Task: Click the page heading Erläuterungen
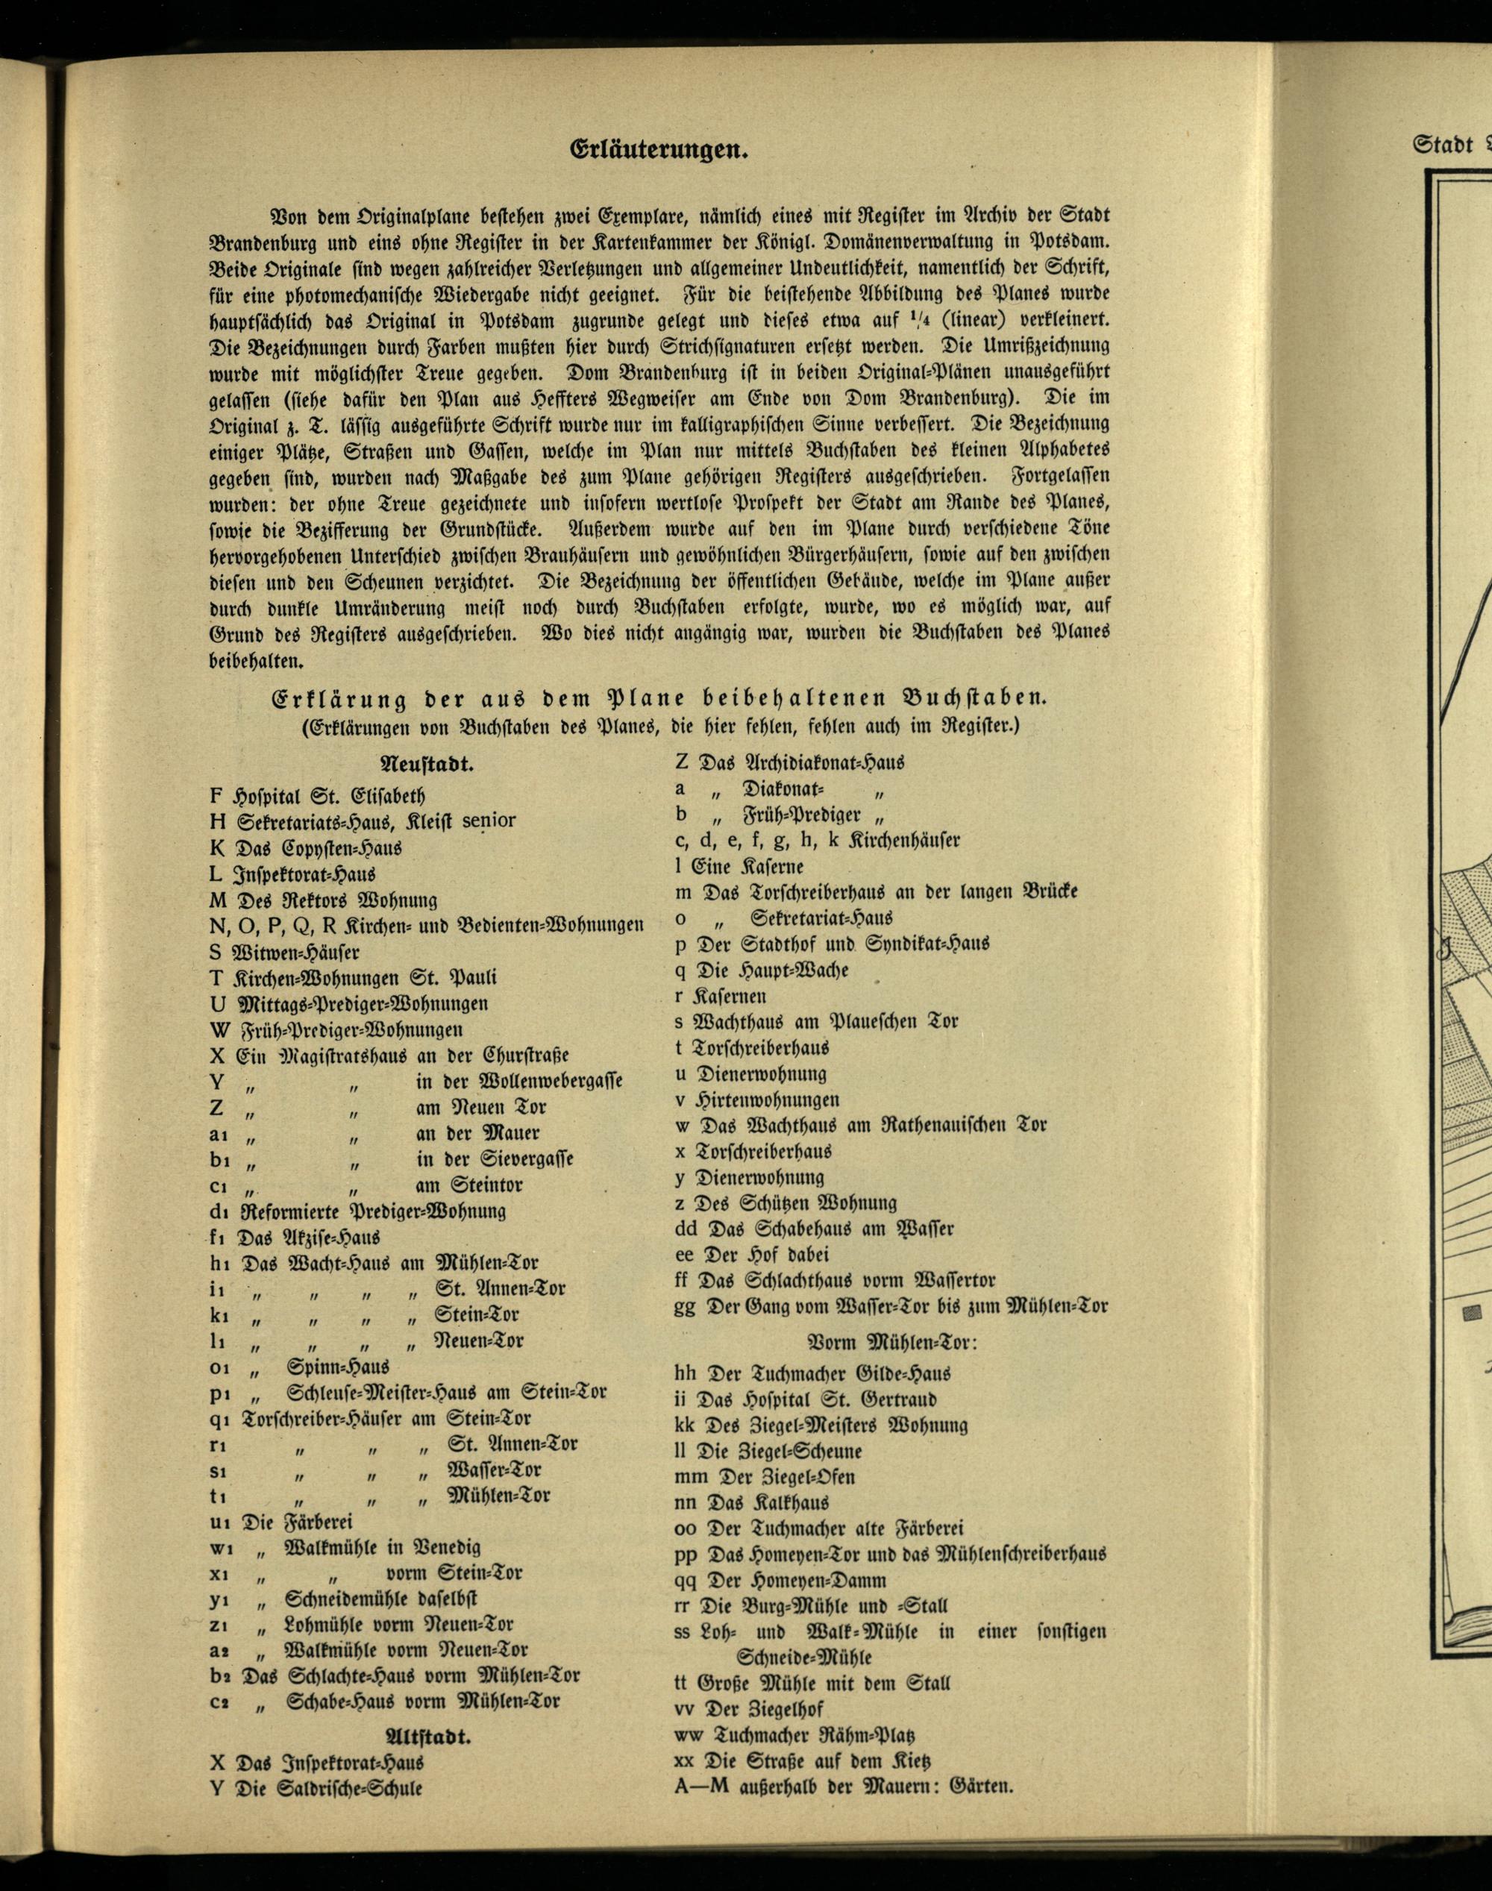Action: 659,150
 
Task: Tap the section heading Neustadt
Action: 427,765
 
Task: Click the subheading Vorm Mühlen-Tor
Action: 892,1340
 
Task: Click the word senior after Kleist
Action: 489,821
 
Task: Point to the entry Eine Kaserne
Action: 747,867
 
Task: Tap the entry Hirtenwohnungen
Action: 768,1099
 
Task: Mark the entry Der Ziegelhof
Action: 760,1708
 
